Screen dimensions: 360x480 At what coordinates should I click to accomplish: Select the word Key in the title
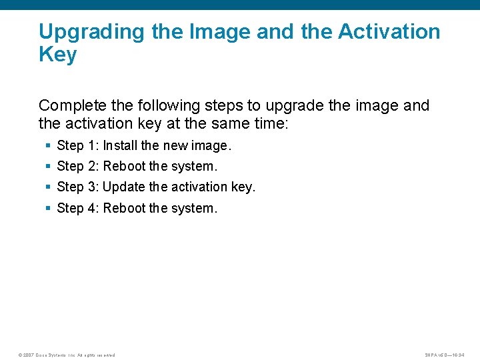tap(58, 55)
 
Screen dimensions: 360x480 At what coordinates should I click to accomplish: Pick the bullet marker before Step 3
tap(48, 187)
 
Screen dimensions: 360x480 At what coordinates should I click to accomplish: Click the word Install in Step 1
tap(120, 146)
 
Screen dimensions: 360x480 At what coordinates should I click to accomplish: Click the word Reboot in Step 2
tap(125, 167)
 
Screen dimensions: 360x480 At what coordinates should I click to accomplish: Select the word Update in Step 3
tap(124, 187)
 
